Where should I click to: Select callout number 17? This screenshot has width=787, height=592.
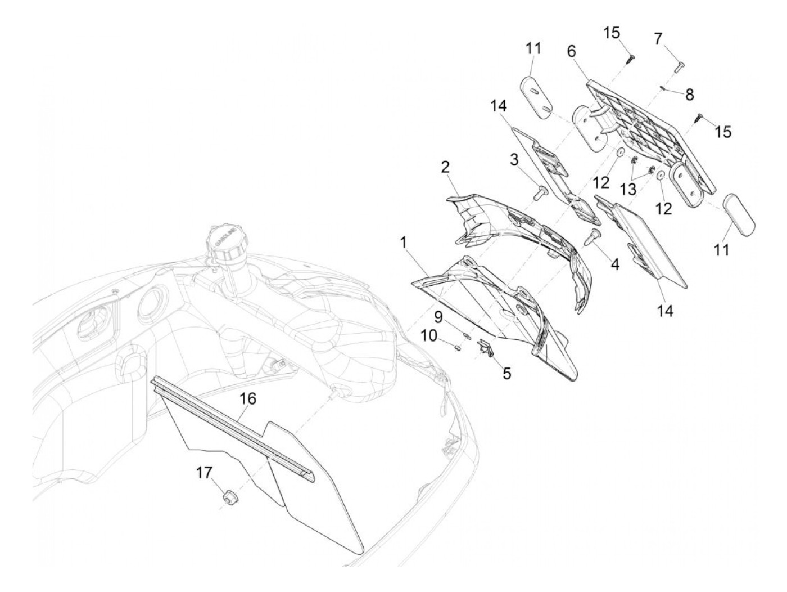click(204, 473)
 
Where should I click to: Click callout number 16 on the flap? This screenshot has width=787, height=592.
click(248, 398)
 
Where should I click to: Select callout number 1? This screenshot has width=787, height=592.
click(404, 243)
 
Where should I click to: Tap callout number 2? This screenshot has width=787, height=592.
click(445, 168)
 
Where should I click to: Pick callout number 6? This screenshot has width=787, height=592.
click(572, 51)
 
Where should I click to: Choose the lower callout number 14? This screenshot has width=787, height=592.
click(664, 311)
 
